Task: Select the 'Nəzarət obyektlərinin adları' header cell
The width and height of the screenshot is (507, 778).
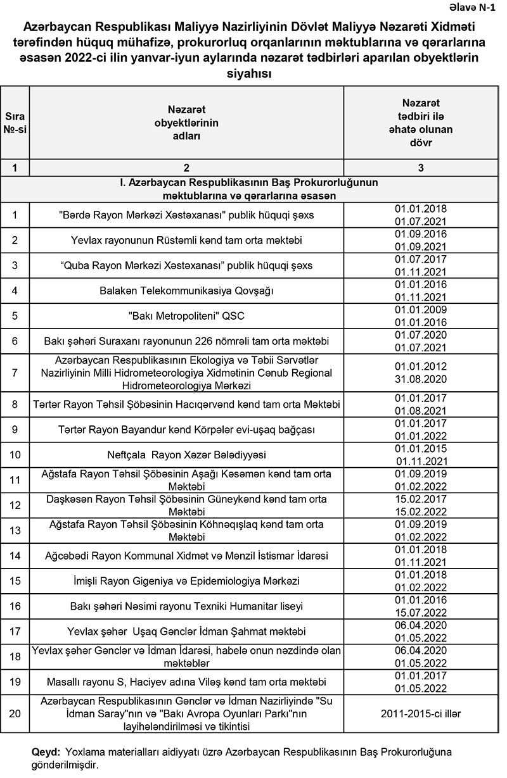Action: pyautogui.click(x=186, y=123)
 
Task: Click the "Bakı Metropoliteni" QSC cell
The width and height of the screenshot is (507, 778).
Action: pyautogui.click(x=186, y=316)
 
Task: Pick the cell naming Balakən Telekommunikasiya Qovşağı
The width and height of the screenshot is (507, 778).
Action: pyautogui.click(x=186, y=291)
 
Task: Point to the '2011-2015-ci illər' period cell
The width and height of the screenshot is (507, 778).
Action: pyautogui.click(x=421, y=713)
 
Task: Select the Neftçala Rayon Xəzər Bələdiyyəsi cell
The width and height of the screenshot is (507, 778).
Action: pyautogui.click(x=186, y=455)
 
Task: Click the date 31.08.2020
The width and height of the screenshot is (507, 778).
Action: pyautogui.click(x=421, y=379)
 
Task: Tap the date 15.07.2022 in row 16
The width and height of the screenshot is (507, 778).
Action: pyautogui.click(x=421, y=612)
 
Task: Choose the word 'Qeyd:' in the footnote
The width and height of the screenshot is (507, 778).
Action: pyautogui.click(x=46, y=753)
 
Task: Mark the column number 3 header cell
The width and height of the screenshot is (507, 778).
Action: pyautogui.click(x=421, y=168)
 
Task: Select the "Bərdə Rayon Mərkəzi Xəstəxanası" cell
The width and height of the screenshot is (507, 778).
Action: pyautogui.click(x=186, y=215)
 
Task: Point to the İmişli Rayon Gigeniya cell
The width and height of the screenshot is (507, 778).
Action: pyautogui.click(x=186, y=580)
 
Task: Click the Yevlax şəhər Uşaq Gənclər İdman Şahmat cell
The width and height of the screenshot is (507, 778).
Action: pyautogui.click(x=186, y=631)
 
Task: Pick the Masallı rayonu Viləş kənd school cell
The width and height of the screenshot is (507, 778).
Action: pyautogui.click(x=186, y=682)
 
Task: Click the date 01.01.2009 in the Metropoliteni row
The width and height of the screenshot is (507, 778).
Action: pyautogui.click(x=421, y=310)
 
